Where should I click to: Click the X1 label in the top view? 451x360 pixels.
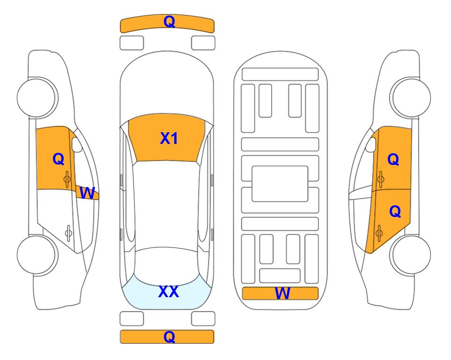click(169, 138)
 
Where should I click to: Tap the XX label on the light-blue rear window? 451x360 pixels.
click(169, 292)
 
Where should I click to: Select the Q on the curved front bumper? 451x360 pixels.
click(169, 21)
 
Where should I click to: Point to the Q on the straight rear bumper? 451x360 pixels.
click(169, 337)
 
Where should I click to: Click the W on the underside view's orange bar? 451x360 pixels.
click(282, 293)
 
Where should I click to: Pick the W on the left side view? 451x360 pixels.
click(87, 193)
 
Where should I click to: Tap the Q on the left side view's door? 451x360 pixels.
click(59, 159)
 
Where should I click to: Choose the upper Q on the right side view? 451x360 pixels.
click(393, 159)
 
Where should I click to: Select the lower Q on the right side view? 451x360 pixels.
click(395, 212)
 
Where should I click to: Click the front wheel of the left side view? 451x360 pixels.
click(37, 97)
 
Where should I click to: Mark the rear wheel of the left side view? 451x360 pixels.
click(37, 255)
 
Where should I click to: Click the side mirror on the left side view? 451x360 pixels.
click(77, 144)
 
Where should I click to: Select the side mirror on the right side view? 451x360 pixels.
click(371, 144)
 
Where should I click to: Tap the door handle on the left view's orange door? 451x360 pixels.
click(67, 179)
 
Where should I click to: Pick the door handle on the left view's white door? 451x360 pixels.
click(68, 232)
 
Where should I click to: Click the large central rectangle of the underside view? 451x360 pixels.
click(280, 184)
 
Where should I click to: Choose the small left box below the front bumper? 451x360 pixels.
click(132, 43)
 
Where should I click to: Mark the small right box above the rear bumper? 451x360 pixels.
click(203, 319)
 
